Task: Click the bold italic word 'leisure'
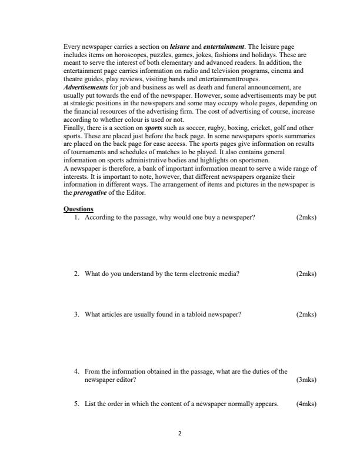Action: click(179, 46)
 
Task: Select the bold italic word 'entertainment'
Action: click(224, 46)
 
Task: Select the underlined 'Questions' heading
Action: click(78, 209)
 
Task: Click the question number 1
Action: click(76, 217)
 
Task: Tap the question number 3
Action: click(76, 314)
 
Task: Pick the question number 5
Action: click(76, 404)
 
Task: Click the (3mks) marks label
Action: click(306, 380)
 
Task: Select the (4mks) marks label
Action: click(306, 404)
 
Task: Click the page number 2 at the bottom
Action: click(180, 434)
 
